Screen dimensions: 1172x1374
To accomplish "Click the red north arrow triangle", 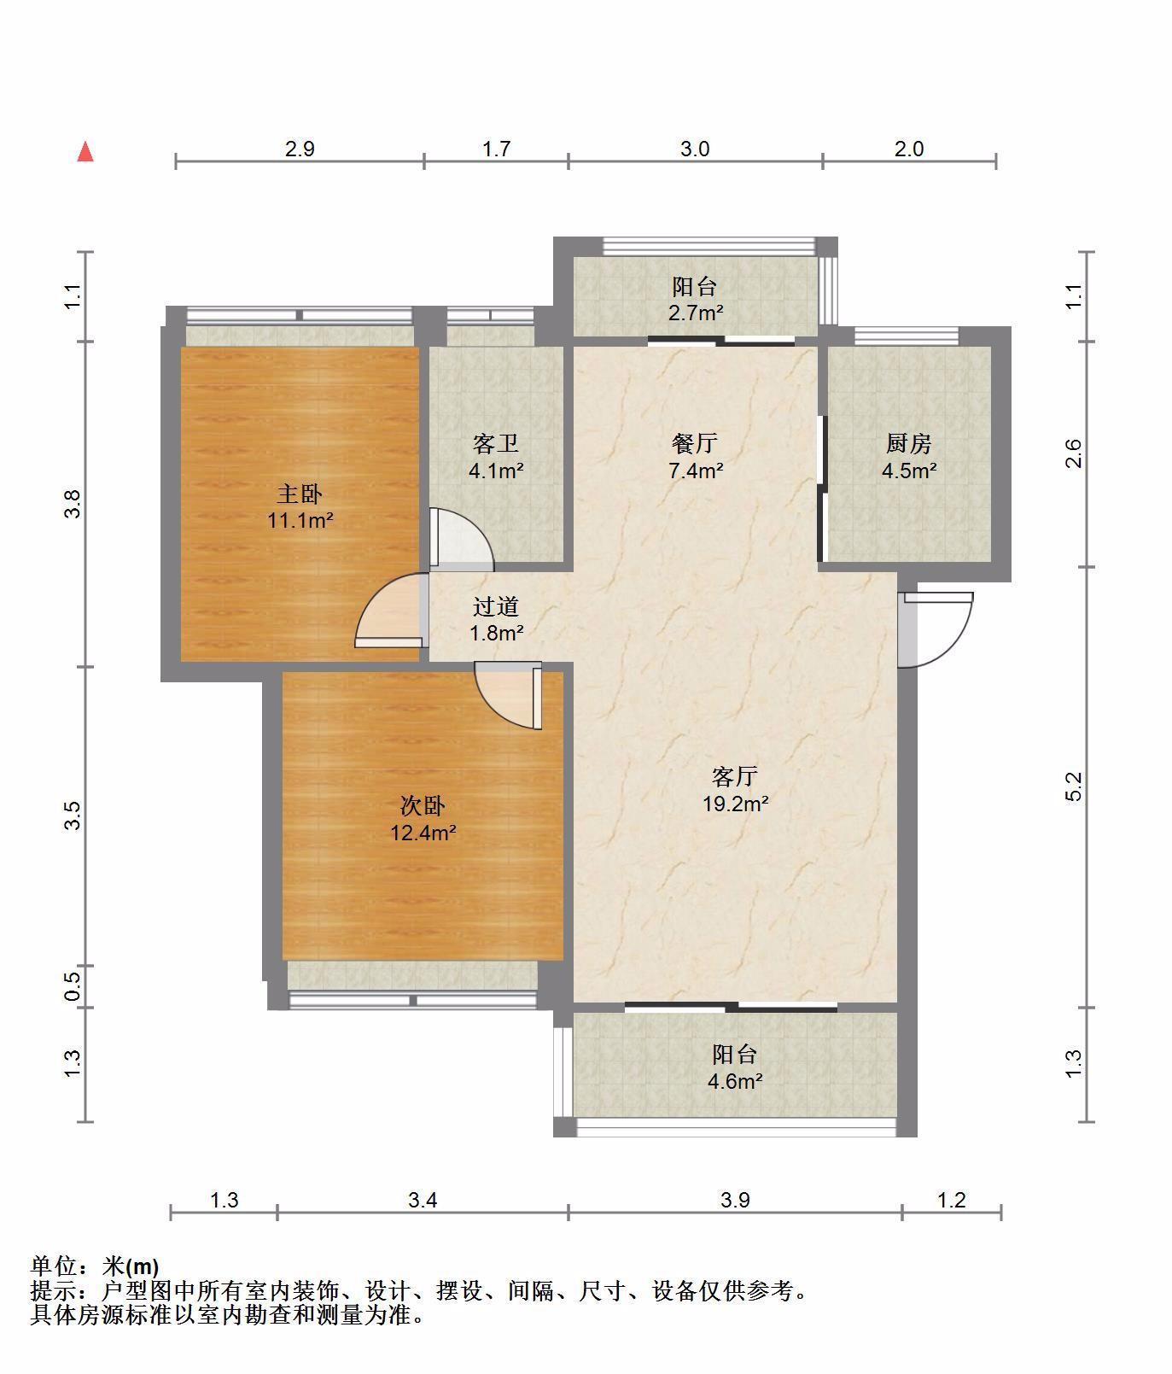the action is (85, 152).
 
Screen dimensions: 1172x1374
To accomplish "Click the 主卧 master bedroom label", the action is (300, 494).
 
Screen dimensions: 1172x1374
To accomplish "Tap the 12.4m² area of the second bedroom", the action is (423, 832).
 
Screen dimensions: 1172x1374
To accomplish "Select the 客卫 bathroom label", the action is (496, 444).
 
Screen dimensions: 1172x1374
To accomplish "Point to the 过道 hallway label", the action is (496, 606).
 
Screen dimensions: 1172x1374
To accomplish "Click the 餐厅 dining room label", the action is (695, 444).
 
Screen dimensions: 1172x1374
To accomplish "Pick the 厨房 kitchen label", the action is (908, 444).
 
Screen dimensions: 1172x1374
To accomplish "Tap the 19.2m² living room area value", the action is (735, 803).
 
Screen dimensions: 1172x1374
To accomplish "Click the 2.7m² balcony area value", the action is (696, 312).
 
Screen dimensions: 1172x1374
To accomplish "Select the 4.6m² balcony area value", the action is (735, 1080).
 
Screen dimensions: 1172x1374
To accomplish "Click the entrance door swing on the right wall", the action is (936, 629).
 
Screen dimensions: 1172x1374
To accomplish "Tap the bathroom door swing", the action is (461, 540).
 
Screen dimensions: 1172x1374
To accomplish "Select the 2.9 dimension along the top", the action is (300, 149).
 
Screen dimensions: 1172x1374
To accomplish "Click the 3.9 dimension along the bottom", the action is (735, 1200).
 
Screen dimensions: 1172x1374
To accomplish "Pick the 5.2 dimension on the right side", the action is (1074, 786).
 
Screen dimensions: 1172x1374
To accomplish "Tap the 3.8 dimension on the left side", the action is (74, 503).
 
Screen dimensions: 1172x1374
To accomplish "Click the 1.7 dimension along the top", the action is (496, 149).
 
